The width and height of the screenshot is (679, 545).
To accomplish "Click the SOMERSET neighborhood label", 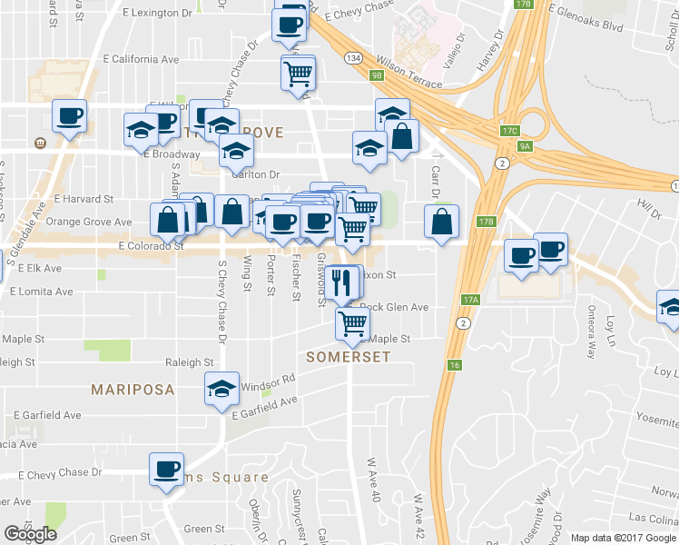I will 348,357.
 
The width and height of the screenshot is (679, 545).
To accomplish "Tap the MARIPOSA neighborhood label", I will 133,390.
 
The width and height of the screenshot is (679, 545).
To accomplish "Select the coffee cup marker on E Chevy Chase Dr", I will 167,469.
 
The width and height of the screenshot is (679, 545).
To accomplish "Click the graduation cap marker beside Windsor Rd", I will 221,389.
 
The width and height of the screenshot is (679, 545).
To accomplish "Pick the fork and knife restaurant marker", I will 340,282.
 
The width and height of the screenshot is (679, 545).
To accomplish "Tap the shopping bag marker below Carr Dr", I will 441,222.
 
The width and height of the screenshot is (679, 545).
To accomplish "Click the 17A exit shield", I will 469,299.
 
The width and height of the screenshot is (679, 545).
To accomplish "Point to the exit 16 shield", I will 454,364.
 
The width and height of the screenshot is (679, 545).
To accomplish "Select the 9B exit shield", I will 377,75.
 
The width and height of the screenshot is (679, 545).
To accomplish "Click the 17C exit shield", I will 508,131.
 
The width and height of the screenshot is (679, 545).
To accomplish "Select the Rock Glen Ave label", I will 395,307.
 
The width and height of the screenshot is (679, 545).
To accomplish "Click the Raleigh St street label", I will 189,362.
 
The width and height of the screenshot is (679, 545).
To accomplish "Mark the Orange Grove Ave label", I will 89,222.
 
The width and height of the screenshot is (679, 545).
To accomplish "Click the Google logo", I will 30,534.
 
